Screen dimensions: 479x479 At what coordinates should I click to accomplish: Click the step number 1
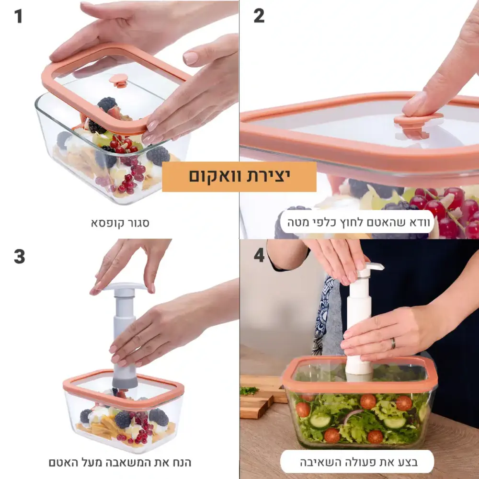pos(18,16)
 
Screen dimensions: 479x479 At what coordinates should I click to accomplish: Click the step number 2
pos(259,16)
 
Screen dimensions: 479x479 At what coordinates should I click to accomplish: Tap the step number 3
pos(19,257)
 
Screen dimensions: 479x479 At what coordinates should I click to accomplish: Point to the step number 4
pos(259,255)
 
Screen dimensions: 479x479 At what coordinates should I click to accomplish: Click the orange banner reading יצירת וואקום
pos(239,177)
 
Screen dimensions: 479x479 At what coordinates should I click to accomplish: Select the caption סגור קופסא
pos(120,223)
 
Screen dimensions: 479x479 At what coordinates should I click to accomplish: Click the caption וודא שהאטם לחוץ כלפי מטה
pos(358,222)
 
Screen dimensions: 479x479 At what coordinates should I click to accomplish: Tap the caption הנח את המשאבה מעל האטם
pos(120,462)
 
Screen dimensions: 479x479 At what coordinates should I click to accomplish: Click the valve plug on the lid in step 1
pos(118,80)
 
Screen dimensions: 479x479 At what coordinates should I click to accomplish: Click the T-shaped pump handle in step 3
pos(125,286)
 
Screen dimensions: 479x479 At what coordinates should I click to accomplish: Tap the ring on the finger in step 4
pos(393,343)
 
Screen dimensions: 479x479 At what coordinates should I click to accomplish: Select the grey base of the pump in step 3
pos(125,380)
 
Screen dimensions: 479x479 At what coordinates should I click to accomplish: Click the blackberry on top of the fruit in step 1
pos(107,104)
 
